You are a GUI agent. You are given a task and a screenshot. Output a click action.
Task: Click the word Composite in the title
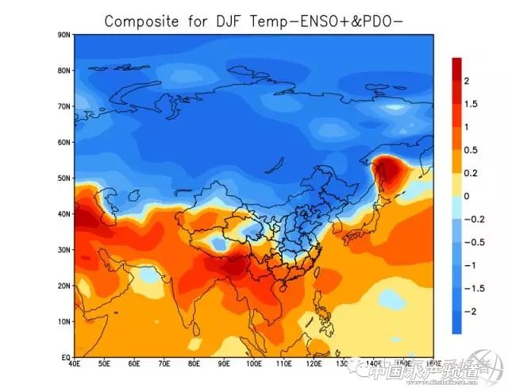tap(141, 21)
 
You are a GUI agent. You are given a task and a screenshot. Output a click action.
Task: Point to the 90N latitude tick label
tap(63, 34)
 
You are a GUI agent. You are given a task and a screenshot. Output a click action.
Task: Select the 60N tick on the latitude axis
tap(63, 142)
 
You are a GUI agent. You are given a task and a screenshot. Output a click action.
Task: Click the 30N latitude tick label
tap(63, 249)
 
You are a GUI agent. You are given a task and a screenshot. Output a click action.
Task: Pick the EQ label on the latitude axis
tap(65, 357)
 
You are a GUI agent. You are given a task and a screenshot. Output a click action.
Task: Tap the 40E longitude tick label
tap(75, 366)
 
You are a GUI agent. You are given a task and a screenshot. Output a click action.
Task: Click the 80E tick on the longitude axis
tap(194, 366)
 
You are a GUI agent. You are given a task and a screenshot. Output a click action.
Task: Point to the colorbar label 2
tap(467, 81)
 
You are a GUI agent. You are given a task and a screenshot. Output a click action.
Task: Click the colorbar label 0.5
tap(471, 150)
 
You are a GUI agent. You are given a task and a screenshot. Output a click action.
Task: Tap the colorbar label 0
tap(467, 196)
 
